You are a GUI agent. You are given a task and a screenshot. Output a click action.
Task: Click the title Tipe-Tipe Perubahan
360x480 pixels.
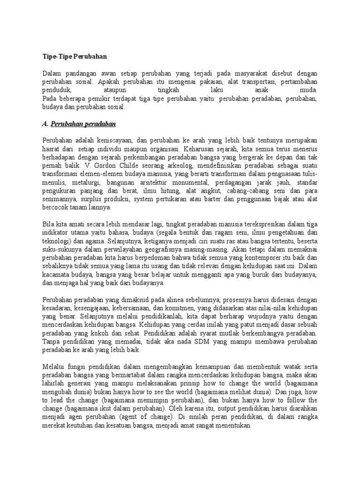[x=75, y=57]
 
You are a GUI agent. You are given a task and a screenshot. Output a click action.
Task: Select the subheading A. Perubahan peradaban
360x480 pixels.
[x=79, y=124]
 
